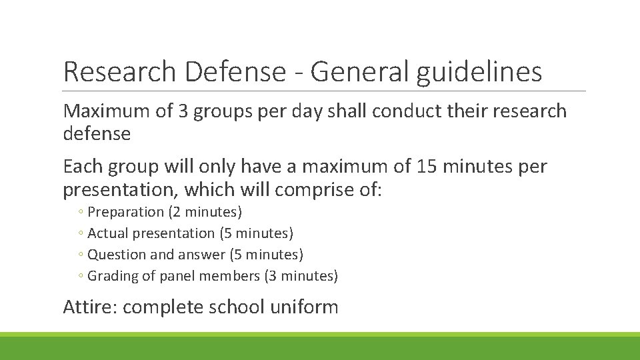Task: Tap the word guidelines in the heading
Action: point(479,71)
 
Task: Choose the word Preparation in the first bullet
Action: point(125,212)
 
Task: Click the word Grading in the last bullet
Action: point(112,276)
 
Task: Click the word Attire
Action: point(89,307)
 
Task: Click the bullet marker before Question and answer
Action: point(80,255)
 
